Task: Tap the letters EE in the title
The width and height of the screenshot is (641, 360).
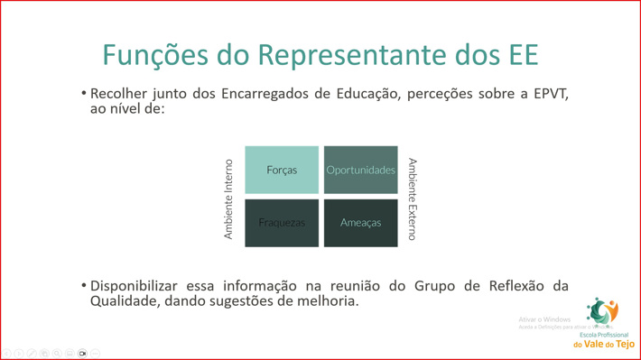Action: tap(518, 54)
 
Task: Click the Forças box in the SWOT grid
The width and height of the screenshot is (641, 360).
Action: tap(282, 170)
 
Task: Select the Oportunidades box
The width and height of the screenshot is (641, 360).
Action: tap(360, 170)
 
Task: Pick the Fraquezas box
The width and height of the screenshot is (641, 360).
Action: tap(282, 222)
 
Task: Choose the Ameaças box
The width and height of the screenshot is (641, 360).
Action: tap(360, 222)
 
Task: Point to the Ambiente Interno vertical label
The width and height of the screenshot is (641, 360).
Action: tap(228, 198)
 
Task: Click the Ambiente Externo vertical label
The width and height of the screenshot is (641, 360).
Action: tap(412, 198)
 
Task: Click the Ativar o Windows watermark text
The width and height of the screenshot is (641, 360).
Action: tap(544, 319)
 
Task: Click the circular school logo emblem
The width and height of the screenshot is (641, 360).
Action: tap(602, 312)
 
